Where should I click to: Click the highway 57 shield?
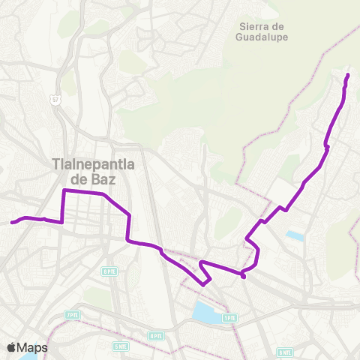coord(55,99)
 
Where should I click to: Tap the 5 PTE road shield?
coord(110,271)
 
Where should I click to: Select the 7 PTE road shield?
coord(72,315)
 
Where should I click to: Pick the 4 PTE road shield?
coord(155,336)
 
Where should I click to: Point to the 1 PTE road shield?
coord(229,318)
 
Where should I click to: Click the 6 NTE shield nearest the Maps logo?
coord(121,346)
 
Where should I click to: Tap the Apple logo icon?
coord(11,347)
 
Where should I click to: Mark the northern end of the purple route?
coord(347,76)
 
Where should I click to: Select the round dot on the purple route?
coord(244,276)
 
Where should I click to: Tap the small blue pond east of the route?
coord(295,236)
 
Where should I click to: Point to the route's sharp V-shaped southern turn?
coord(204,283)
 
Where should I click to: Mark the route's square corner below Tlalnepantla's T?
coord(64,192)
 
